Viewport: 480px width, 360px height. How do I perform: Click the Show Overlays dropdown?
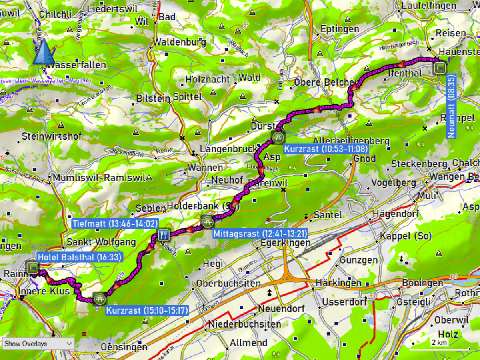38,343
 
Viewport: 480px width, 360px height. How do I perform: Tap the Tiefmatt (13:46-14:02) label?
115,224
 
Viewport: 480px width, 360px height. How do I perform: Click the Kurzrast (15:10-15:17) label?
146,310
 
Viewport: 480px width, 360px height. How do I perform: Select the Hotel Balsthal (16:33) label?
79,257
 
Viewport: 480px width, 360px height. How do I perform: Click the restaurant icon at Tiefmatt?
164,234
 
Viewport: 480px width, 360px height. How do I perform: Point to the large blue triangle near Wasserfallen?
43,52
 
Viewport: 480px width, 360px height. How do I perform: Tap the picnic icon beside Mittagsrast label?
207,221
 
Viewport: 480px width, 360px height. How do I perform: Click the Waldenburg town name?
180,42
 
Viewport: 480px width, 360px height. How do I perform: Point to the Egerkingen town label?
285,243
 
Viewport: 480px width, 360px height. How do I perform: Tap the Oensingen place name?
124,347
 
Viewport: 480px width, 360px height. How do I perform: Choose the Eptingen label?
340,29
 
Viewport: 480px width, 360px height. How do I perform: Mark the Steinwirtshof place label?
51,136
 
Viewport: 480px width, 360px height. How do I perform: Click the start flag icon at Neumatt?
439,67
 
